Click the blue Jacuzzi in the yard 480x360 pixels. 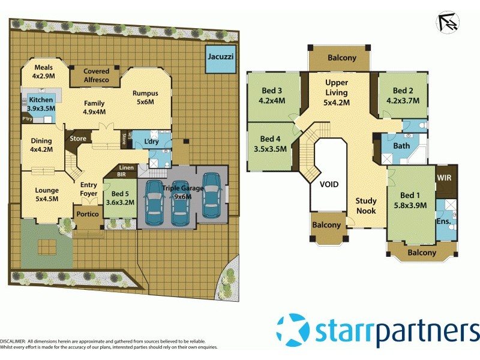click(x=220, y=59)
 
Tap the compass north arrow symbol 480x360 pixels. click(x=448, y=22)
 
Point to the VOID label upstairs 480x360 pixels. click(x=329, y=185)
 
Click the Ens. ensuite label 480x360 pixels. click(x=443, y=222)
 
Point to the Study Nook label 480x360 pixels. click(x=366, y=206)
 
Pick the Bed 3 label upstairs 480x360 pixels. click(x=272, y=91)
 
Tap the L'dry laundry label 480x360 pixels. click(x=151, y=142)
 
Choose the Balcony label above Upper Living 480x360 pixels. click(x=342, y=58)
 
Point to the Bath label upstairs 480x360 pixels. click(x=401, y=146)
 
